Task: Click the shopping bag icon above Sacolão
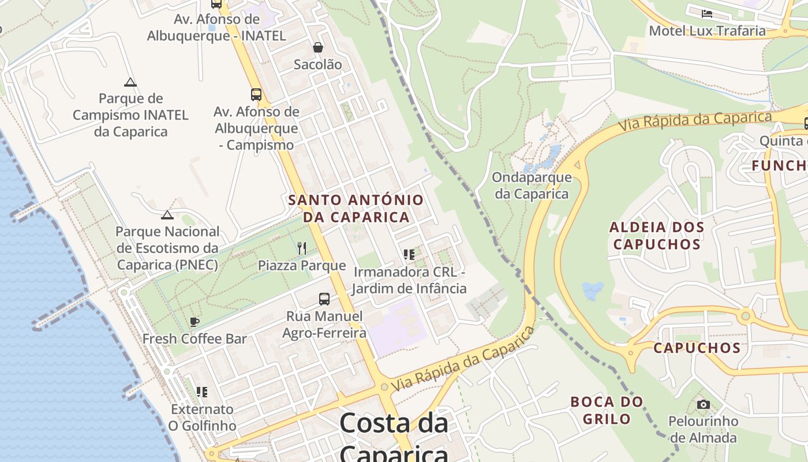317,47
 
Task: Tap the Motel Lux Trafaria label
707,31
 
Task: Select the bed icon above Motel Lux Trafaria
707,13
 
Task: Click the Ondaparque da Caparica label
532,185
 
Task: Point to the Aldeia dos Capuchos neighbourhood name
657,236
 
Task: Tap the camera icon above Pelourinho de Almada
703,404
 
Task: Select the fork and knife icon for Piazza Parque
302,248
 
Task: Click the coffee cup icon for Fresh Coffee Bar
194,322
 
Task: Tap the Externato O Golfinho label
202,418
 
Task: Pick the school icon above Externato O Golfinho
201,392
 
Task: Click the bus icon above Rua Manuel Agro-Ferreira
324,299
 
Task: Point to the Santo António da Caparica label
356,208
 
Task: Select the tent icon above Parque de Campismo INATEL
130,82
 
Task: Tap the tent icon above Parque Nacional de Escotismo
167,215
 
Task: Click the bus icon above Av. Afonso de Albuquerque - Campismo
256,95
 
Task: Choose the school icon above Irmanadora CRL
409,255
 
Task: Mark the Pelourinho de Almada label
703,429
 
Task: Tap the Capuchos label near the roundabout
697,348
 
